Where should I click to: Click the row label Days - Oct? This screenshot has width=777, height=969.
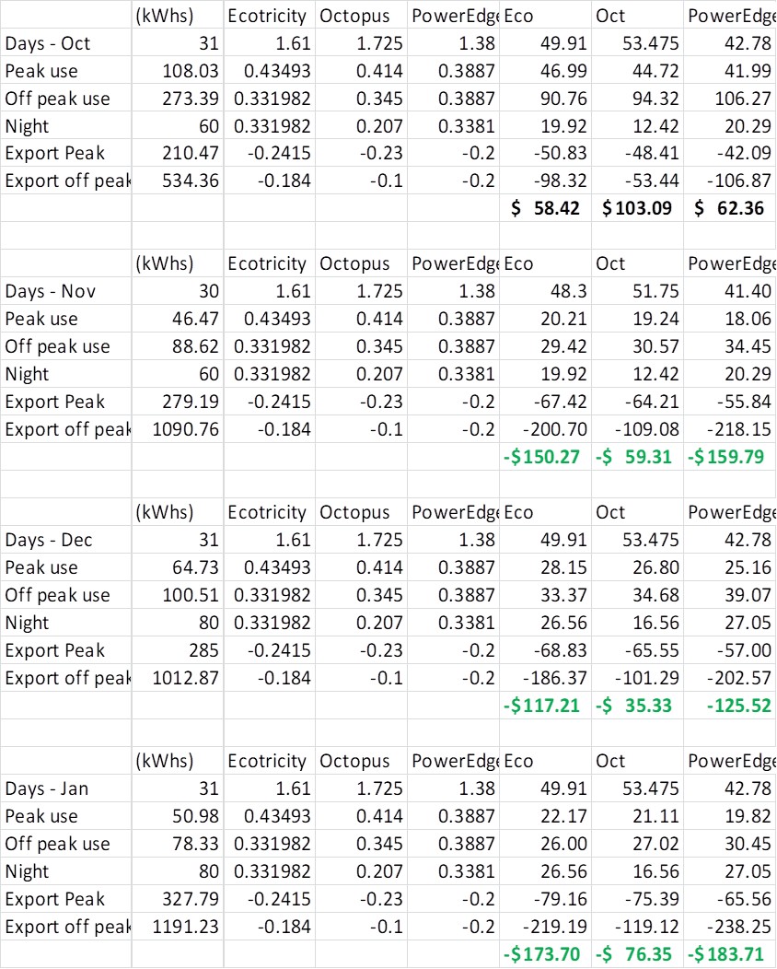tap(48, 42)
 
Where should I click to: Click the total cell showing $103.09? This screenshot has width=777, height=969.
tap(637, 208)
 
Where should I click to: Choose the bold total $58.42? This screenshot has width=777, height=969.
tap(545, 208)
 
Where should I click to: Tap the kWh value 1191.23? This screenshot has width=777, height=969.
tap(185, 927)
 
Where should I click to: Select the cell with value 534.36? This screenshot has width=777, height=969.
tap(191, 181)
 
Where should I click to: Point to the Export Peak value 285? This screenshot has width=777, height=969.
tap(203, 650)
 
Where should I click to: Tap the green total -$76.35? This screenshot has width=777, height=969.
tap(634, 954)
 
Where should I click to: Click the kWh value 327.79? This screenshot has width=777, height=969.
tap(191, 899)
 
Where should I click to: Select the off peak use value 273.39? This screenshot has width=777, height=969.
tap(191, 98)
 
